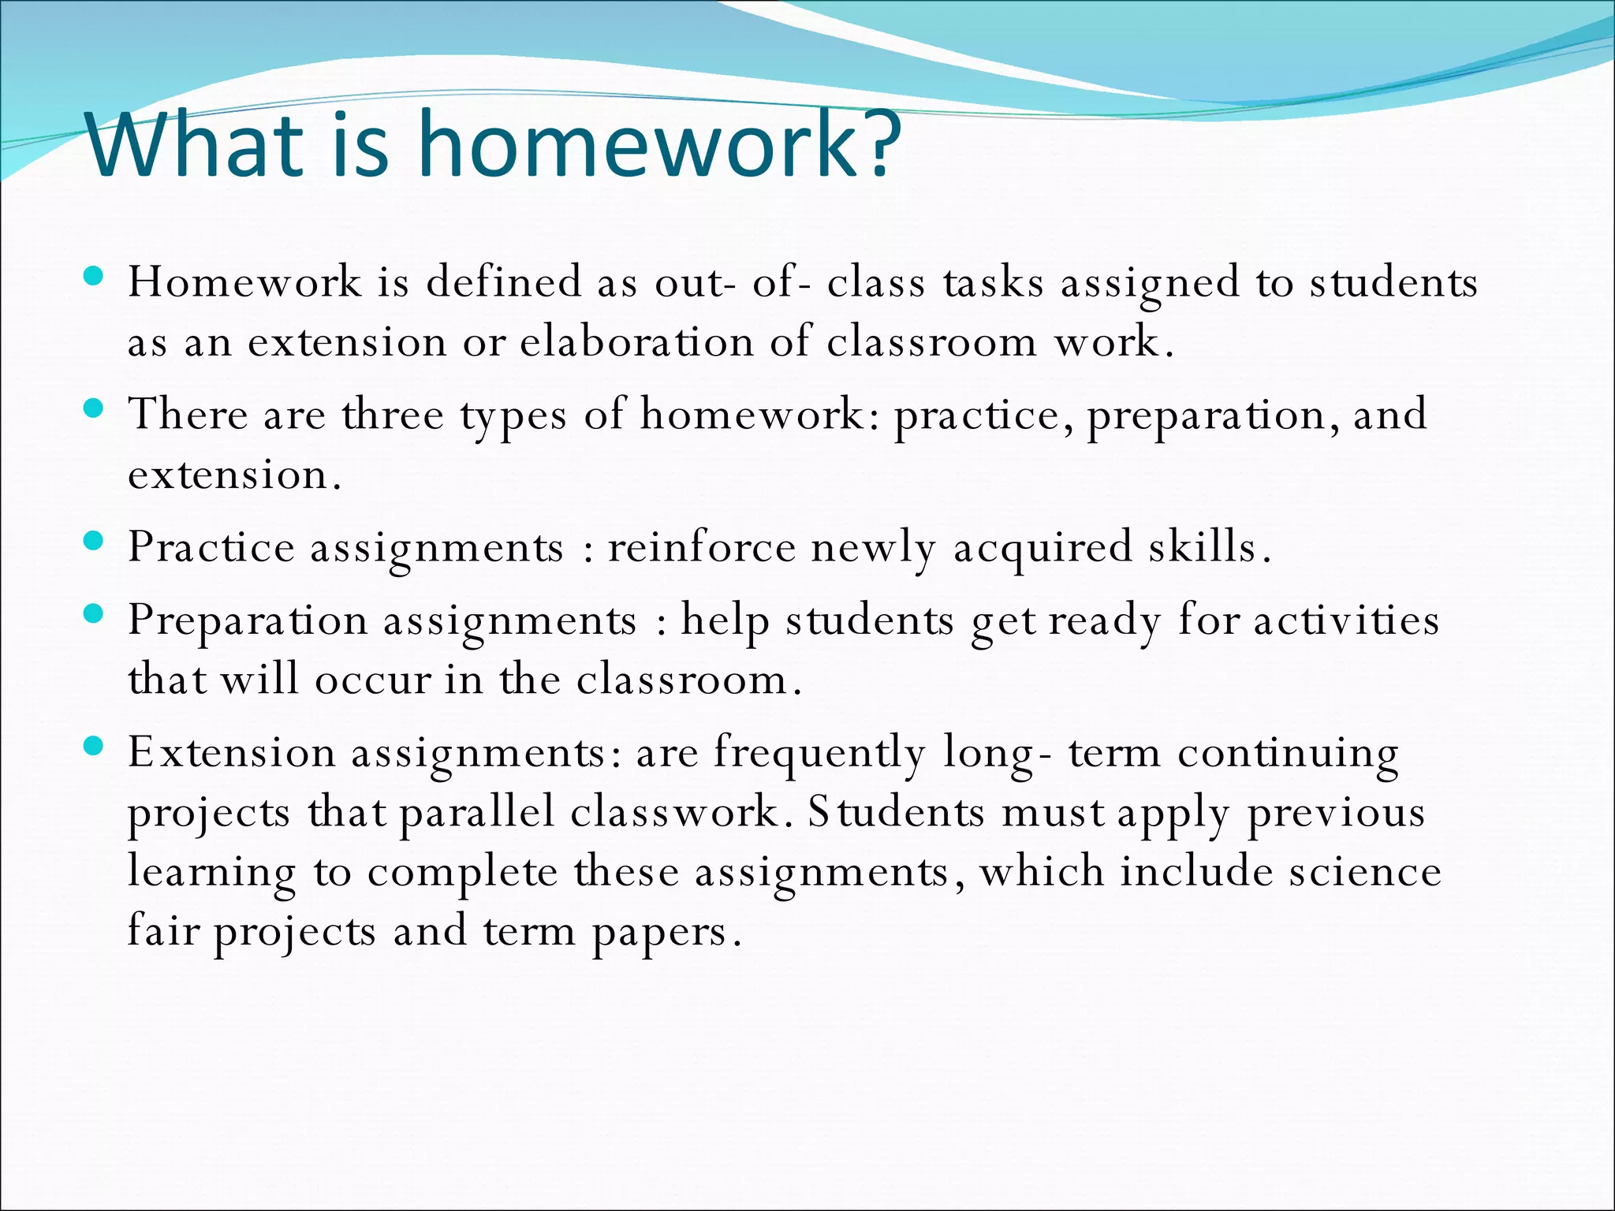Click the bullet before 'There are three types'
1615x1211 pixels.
(94, 408)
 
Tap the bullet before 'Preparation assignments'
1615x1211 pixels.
(94, 613)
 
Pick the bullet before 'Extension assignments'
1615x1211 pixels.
(94, 746)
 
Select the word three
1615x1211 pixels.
(393, 415)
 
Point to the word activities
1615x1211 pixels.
(1346, 620)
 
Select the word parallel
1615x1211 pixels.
(477, 812)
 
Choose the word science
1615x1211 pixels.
(1365, 872)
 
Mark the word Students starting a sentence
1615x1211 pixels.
(896, 812)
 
